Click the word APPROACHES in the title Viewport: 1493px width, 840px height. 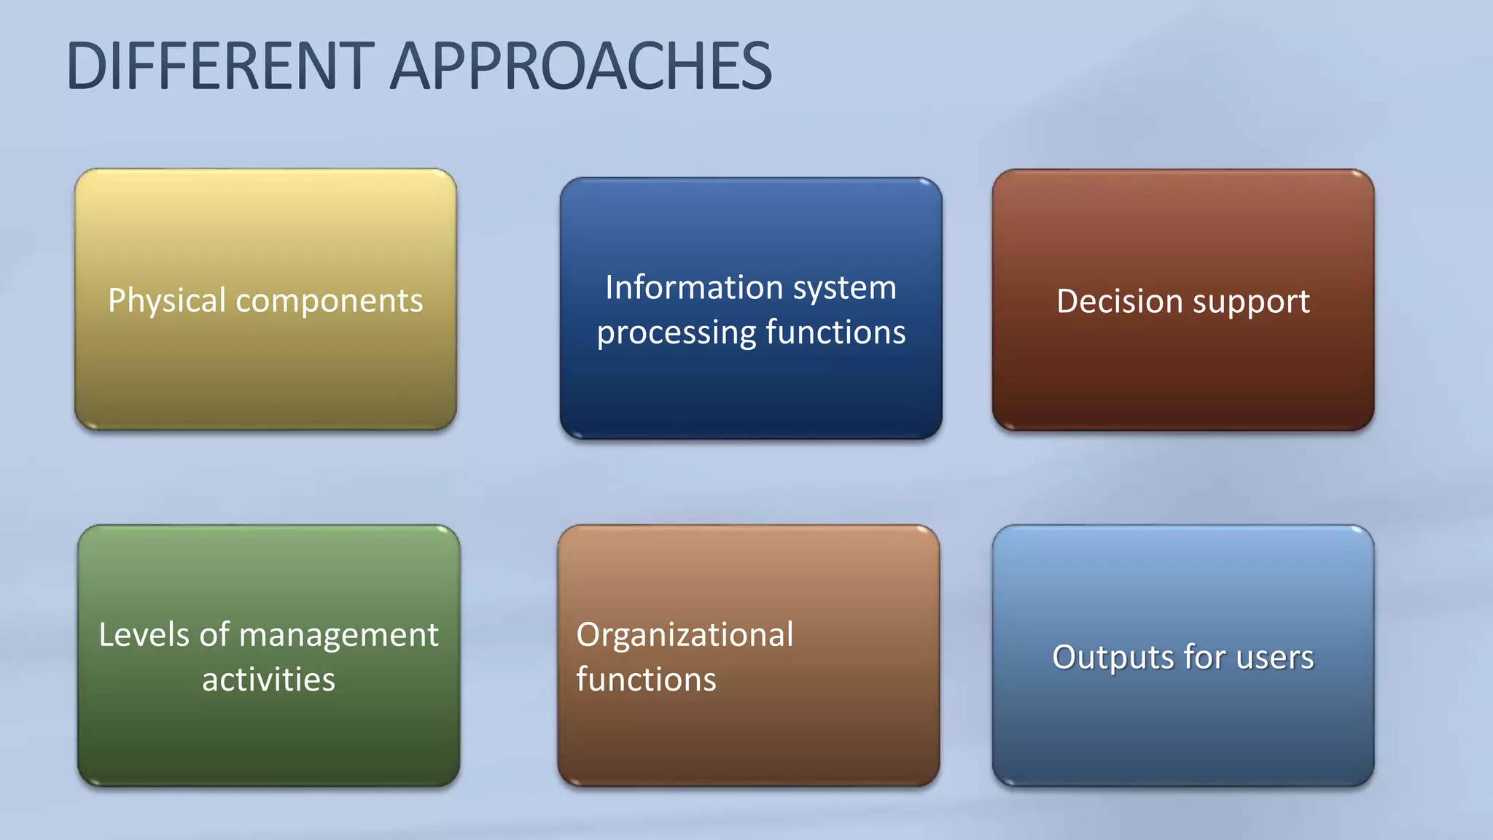pyautogui.click(x=581, y=66)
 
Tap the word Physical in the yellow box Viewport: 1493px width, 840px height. pyautogui.click(x=167, y=300)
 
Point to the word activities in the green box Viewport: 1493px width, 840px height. pyautogui.click(x=268, y=680)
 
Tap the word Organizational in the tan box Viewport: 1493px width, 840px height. pyautogui.click(x=685, y=635)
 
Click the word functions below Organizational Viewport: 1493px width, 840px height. pyautogui.click(x=646, y=680)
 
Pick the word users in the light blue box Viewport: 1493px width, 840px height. pyautogui.click(x=1275, y=657)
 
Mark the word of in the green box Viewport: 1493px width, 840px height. pyautogui.click(x=214, y=634)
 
